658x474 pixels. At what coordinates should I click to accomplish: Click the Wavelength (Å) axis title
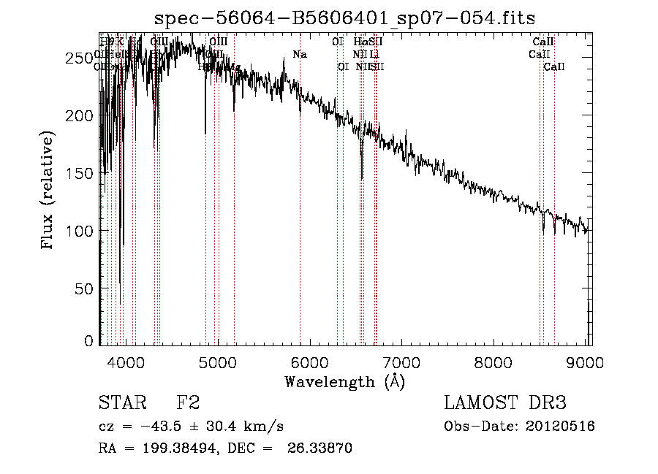tap(344, 381)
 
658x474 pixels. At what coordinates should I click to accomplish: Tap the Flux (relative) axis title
tap(48, 191)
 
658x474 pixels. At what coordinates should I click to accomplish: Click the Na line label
tap(299, 54)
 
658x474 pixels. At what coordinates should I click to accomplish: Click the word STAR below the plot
tap(121, 402)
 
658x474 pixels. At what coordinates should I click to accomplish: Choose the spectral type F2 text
tap(188, 402)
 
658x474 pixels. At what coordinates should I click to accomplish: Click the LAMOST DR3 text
tap(505, 402)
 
